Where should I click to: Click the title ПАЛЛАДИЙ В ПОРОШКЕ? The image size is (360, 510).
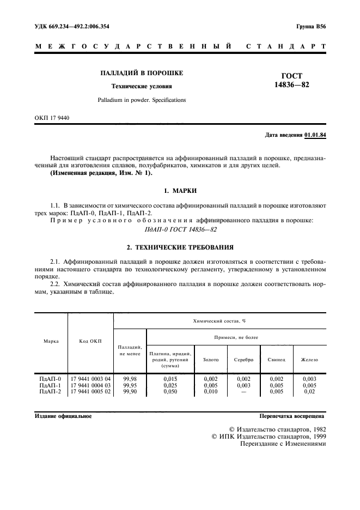pos(142,73)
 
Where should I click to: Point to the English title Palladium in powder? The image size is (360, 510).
pos(142,100)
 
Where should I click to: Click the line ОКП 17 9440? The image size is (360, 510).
pos(52,118)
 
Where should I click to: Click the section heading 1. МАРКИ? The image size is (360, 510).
pos(180,191)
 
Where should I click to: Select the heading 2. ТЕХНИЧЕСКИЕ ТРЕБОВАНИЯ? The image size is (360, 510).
pos(180,247)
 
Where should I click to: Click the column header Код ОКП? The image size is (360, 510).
pos(90,341)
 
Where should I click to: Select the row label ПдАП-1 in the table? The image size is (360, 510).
pos(51,385)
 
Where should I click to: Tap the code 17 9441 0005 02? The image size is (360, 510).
pos(90,391)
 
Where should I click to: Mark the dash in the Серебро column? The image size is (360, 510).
pos(243,391)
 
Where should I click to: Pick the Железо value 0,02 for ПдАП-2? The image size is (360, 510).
pos(309,391)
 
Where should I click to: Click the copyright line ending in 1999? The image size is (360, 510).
pos(268,436)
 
